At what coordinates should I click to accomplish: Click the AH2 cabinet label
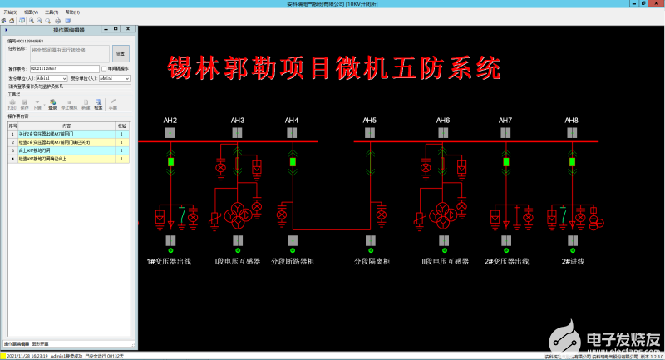(x=170, y=121)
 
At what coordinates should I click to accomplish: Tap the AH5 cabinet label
(x=369, y=121)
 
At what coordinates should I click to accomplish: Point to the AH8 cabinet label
(x=572, y=121)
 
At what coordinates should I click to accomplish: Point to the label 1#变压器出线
(x=170, y=261)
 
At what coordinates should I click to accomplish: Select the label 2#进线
(x=573, y=261)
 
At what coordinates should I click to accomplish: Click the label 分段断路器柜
(x=293, y=261)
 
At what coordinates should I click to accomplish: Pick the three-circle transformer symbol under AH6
(x=442, y=209)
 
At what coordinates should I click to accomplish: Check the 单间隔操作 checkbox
(x=103, y=69)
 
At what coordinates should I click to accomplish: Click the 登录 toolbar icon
(x=52, y=104)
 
